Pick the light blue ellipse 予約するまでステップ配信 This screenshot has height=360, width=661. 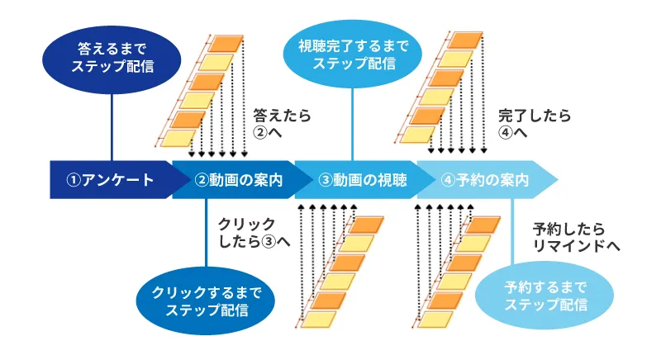[546, 295]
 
